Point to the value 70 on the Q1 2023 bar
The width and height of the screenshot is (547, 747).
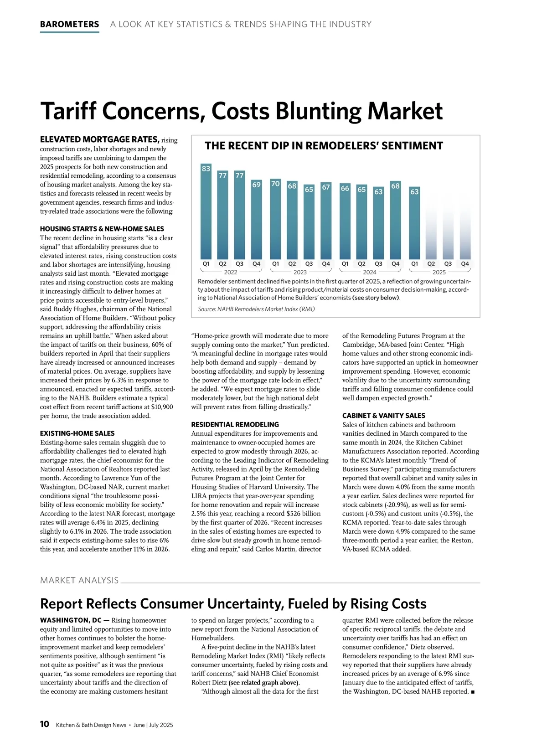pyautogui.click(x=275, y=184)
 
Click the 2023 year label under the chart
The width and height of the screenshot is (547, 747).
pyautogui.click(x=300, y=272)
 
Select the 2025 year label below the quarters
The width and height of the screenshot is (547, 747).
pyautogui.click(x=439, y=272)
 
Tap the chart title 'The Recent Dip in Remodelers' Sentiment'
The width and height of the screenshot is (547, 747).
pyautogui.click(x=324, y=146)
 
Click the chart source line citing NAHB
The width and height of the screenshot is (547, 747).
pyautogui.click(x=256, y=309)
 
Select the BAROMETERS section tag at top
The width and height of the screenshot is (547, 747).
pyautogui.click(x=69, y=24)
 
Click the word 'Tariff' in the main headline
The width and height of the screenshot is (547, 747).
pyautogui.click(x=72, y=111)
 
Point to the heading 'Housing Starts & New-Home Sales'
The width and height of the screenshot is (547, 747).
pyautogui.click(x=102, y=229)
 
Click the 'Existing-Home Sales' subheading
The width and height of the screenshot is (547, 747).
pyautogui.click(x=77, y=433)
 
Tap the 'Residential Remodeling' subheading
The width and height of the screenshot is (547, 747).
pyautogui.click(x=235, y=424)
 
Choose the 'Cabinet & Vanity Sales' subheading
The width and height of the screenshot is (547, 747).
pyautogui.click(x=383, y=416)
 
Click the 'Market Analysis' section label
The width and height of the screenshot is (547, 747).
pyautogui.click(x=79, y=580)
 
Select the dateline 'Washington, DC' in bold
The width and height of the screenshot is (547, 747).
pyautogui.click(x=71, y=620)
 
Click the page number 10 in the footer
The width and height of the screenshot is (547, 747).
pyautogui.click(x=45, y=724)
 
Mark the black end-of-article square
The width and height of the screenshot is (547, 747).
pyautogui.click(x=473, y=692)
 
